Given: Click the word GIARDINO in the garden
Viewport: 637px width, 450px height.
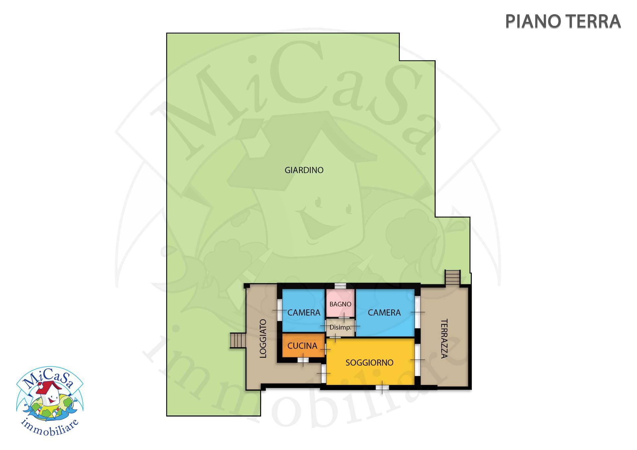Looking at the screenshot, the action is (x=304, y=170).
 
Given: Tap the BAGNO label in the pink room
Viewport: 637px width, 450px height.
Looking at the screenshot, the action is (x=340, y=304).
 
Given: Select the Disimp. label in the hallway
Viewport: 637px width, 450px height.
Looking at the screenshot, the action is (x=340, y=328).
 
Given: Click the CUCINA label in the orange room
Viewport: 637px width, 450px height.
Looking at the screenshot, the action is (x=302, y=346).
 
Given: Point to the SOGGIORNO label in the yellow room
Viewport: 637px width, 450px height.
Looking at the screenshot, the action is (x=370, y=363).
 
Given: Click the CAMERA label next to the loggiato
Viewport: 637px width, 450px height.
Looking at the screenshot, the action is (x=304, y=312).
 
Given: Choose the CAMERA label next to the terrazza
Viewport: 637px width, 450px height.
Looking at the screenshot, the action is (x=384, y=312).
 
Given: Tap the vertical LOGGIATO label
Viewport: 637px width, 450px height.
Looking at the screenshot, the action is (x=263, y=339).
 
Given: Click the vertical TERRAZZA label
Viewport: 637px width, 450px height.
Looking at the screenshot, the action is (x=444, y=339).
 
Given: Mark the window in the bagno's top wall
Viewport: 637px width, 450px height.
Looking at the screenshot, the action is (x=340, y=286).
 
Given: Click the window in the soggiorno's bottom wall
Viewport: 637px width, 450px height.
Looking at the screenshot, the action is (x=382, y=387).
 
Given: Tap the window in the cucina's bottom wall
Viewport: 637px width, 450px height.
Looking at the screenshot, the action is (x=303, y=360).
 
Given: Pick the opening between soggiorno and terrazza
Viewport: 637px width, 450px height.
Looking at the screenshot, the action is (x=418, y=360).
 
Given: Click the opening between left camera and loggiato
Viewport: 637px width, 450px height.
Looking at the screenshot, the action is (x=280, y=310).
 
